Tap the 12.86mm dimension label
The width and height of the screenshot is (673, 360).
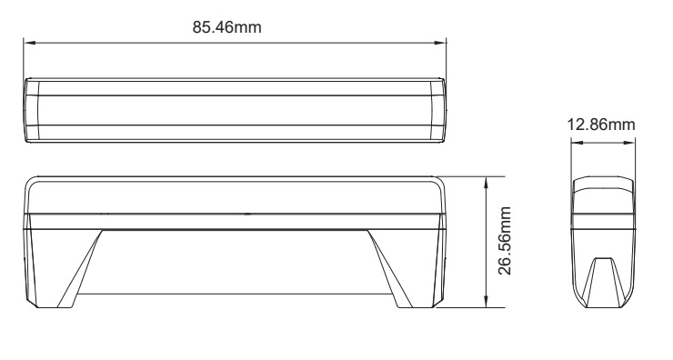[600, 124]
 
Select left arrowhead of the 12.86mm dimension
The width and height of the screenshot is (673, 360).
[574, 140]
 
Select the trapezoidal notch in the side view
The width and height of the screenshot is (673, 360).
[601, 277]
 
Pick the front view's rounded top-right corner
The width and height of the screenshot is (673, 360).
[439, 182]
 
